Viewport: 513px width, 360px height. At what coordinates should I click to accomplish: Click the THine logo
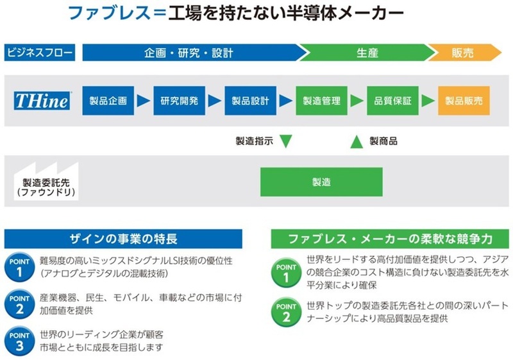pos(42,101)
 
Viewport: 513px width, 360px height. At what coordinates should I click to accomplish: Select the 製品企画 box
pos(108,101)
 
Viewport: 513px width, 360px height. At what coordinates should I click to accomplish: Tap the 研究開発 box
pos(180,101)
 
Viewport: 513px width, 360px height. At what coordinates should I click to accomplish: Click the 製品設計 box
pos(250,101)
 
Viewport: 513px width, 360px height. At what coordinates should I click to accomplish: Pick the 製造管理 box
pos(322,101)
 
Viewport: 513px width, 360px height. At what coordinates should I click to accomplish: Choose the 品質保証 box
pos(392,101)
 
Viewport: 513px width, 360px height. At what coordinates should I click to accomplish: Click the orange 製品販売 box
pos(464,101)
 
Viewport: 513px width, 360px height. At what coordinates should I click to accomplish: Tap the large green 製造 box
pos(321,182)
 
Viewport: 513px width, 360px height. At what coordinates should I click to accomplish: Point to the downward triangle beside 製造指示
pos(286,141)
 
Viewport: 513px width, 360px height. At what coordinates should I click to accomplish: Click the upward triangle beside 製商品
pos(357,142)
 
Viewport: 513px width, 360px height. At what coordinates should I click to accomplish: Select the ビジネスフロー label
pos(40,53)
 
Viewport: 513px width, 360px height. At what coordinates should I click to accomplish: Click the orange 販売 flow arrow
pos(464,53)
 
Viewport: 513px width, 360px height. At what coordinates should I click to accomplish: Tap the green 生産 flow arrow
pos(367,53)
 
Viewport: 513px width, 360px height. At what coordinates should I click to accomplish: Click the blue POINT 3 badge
pos(19,341)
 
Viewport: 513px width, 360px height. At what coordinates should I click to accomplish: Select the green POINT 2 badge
pos(286,313)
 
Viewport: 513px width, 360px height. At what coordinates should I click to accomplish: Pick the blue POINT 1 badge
pos(19,267)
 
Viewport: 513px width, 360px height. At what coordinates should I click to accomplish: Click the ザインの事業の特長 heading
pos(123,239)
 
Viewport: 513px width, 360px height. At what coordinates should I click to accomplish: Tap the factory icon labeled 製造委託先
pos(46,181)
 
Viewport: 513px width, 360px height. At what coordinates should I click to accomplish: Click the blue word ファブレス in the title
pos(109,13)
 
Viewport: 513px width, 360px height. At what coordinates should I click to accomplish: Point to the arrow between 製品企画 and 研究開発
pos(144,101)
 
